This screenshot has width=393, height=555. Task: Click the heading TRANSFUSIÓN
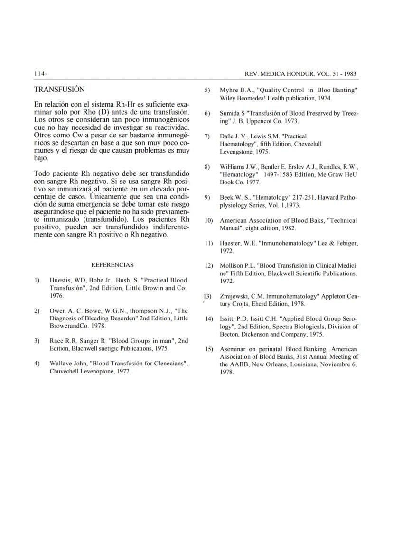pyautogui.click(x=59, y=89)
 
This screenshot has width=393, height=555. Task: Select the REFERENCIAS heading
pyautogui.click(x=112, y=265)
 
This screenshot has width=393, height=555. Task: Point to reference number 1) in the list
pyautogui.click(x=37, y=280)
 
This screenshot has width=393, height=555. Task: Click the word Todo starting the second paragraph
pyautogui.click(x=42, y=173)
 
